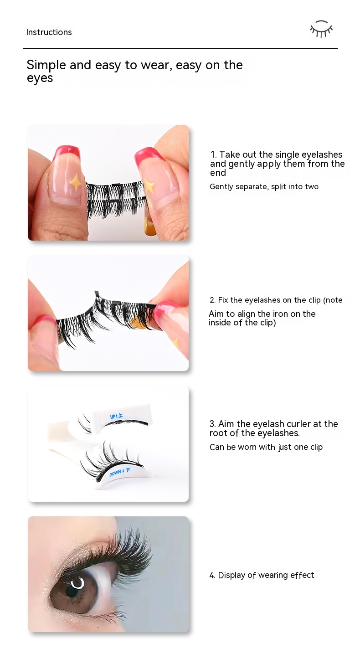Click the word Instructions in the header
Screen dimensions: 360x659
coord(49,32)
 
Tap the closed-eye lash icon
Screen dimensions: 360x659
coord(321,29)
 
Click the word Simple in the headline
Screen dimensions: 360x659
coord(46,65)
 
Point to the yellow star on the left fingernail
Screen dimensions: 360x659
coord(75,182)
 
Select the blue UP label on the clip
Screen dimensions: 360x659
coord(116,416)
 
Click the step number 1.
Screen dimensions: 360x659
coord(213,154)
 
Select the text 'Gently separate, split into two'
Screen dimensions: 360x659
coord(264,186)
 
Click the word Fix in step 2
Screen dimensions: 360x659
coord(223,300)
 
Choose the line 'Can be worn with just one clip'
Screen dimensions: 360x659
coord(266,447)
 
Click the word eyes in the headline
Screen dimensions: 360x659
coord(40,78)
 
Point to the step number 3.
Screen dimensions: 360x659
coord(212,424)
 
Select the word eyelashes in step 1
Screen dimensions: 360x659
coord(322,155)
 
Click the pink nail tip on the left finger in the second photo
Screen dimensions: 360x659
coord(44,321)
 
